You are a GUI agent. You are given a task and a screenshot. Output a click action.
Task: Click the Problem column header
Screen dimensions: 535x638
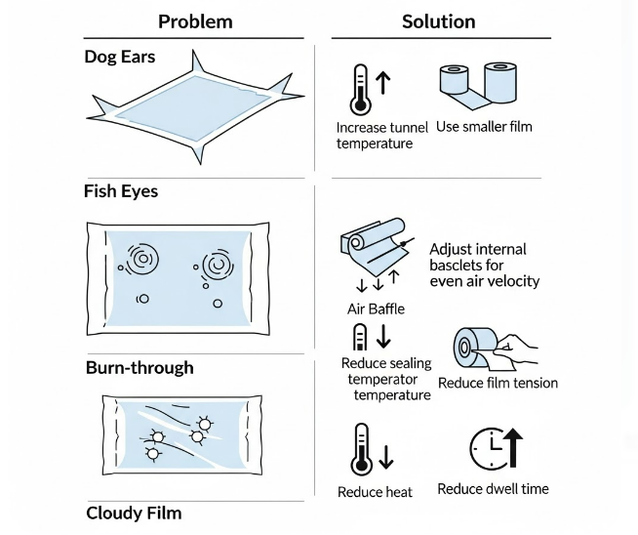point(195,21)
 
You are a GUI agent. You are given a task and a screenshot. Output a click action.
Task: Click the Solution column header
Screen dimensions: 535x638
point(438,21)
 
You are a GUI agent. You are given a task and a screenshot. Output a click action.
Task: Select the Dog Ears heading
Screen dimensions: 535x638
point(121,57)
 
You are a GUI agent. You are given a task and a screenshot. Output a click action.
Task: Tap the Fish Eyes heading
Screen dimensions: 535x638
point(121,191)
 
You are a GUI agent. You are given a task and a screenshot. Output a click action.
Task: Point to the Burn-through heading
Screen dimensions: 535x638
point(140,368)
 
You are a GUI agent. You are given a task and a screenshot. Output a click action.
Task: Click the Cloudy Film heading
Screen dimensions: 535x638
point(134,513)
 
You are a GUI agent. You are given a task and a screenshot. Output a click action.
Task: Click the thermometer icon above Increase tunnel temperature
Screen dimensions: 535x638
point(362,90)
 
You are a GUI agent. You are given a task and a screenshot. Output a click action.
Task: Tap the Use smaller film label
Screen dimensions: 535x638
point(484,127)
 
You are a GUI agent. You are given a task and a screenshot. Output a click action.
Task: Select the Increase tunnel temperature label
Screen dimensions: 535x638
point(375,136)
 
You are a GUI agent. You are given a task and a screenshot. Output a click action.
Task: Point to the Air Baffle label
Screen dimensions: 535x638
point(376,309)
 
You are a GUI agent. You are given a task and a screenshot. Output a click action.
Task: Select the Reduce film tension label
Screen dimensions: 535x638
point(498,383)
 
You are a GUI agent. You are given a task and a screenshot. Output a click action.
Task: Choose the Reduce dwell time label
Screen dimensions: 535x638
point(493,488)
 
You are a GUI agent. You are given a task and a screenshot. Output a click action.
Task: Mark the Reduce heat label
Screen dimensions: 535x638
point(375,492)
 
